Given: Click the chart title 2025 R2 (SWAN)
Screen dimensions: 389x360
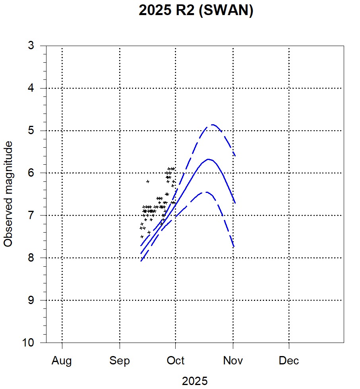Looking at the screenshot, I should pyautogui.click(x=196, y=11).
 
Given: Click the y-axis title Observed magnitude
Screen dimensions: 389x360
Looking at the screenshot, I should pyautogui.click(x=8, y=194).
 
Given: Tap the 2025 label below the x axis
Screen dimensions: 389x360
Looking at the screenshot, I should pyautogui.click(x=195, y=381).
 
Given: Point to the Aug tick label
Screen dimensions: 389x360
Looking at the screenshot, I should pyautogui.click(x=62, y=361).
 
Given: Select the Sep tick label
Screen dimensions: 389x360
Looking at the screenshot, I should pyautogui.click(x=120, y=361).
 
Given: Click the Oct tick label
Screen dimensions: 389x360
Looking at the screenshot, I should pyautogui.click(x=175, y=361).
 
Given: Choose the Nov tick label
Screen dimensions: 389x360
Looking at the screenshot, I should pyautogui.click(x=233, y=361).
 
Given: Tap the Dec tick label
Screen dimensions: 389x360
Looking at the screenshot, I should pyautogui.click(x=289, y=361).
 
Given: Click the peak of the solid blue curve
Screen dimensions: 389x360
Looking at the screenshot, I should pyautogui.click(x=209, y=159).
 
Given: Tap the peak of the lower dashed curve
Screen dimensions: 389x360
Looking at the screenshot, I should pyautogui.click(x=206, y=192).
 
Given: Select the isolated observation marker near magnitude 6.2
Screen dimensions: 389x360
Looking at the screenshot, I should pyautogui.click(x=148, y=181).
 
